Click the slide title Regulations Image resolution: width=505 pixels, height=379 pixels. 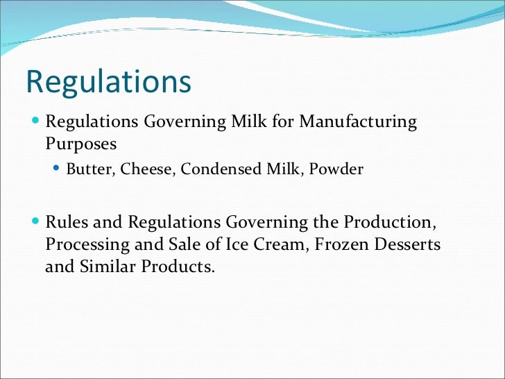108,83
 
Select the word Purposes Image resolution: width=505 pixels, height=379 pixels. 80,144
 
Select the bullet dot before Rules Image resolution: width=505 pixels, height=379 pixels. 36,223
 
